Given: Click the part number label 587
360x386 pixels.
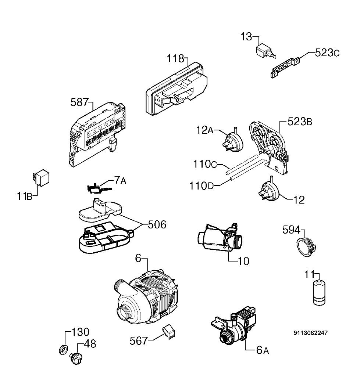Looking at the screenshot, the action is pyautogui.click(x=79, y=102).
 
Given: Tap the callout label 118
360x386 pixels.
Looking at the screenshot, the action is pyautogui.click(x=175, y=59).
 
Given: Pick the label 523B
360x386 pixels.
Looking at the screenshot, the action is pyautogui.click(x=300, y=122).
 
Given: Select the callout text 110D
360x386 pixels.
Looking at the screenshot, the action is pyautogui.click(x=201, y=186).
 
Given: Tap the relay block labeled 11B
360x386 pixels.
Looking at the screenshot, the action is pyautogui.click(x=41, y=177).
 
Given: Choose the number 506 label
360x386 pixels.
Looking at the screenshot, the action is pyautogui.click(x=157, y=224).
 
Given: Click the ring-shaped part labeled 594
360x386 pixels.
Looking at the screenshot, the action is pyautogui.click(x=306, y=247).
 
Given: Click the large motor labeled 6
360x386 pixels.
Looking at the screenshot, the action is pyautogui.click(x=146, y=296).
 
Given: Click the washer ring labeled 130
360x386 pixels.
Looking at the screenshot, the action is pyautogui.click(x=64, y=350).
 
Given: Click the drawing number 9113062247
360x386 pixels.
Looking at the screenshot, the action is pyautogui.click(x=310, y=333).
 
